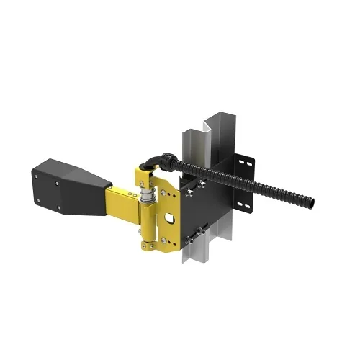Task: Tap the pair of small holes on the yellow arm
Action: point(132,194)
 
